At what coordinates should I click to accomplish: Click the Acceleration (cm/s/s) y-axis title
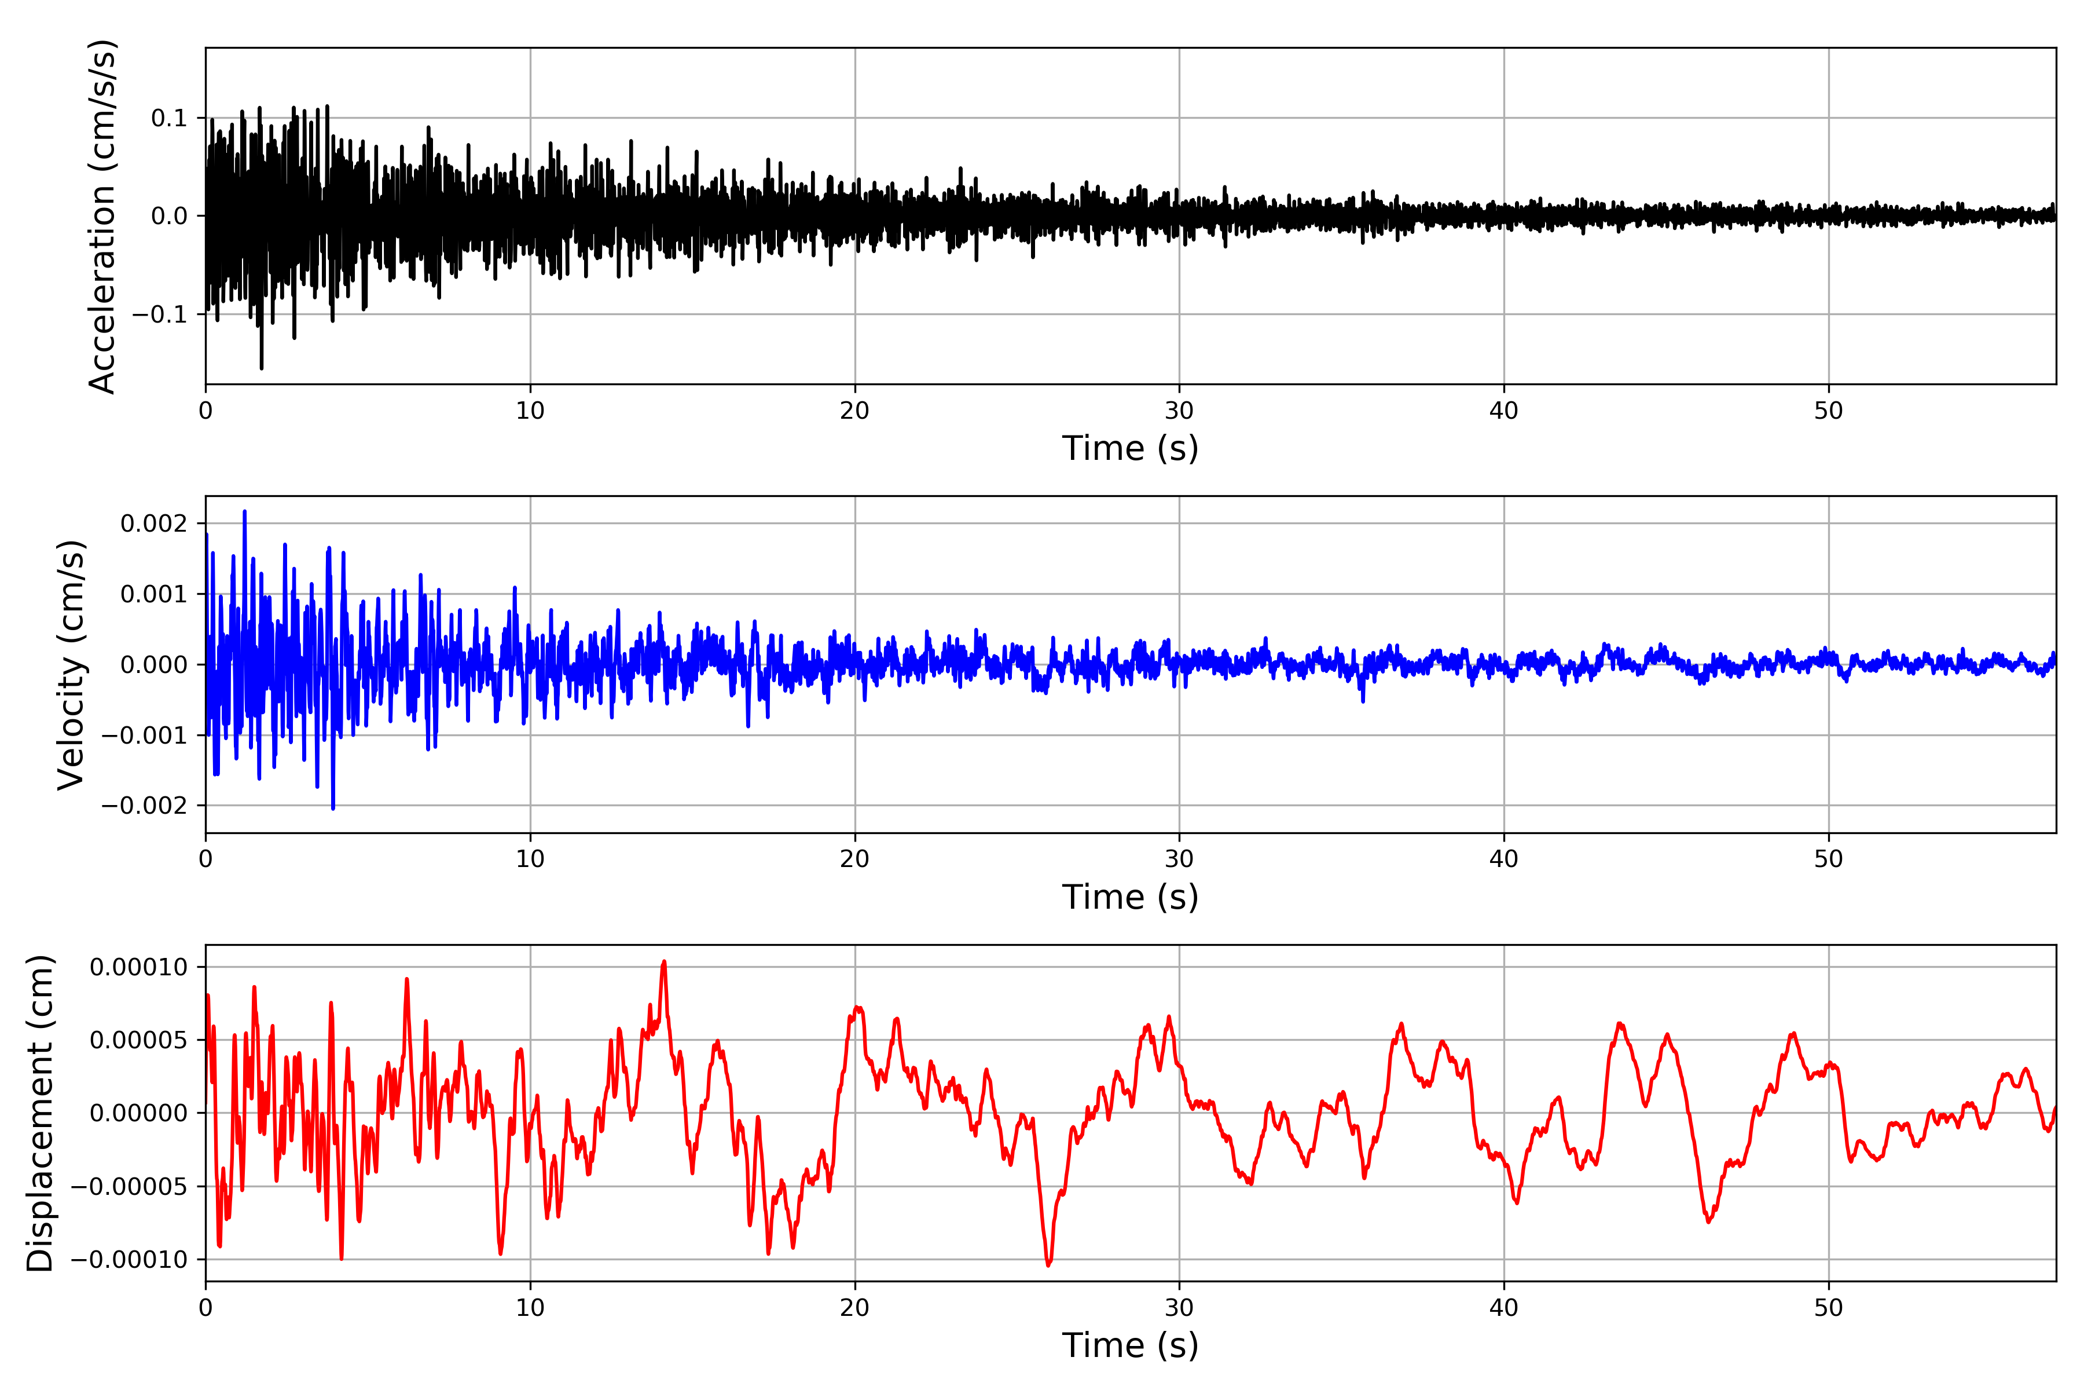click(103, 216)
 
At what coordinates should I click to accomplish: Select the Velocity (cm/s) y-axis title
click(71, 665)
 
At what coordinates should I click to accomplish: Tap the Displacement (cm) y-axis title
click(41, 1113)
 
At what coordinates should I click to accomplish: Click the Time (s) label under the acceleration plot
click(1130, 448)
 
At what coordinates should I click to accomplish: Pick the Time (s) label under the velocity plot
click(1130, 897)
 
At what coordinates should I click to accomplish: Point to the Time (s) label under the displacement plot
click(1130, 1345)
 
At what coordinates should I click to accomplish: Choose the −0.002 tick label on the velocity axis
click(145, 806)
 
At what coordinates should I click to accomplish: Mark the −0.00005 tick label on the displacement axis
click(130, 1186)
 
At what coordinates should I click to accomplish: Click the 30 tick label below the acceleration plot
click(1179, 411)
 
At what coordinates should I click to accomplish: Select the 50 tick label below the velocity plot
click(1828, 859)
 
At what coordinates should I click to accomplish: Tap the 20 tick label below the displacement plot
click(855, 1308)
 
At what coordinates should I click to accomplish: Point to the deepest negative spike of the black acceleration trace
click(262, 367)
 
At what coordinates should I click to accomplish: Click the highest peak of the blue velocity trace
click(244, 511)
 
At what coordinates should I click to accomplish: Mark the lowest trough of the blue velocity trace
click(333, 807)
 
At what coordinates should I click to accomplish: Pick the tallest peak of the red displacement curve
click(663, 962)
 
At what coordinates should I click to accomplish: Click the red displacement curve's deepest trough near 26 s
click(1049, 1265)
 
